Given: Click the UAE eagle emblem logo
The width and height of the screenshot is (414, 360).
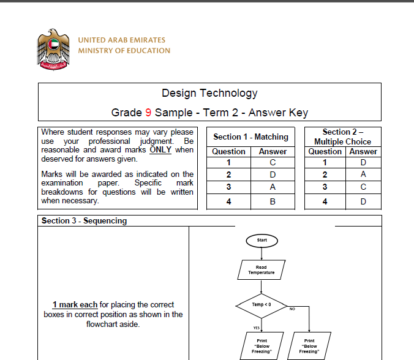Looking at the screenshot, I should coord(53,48).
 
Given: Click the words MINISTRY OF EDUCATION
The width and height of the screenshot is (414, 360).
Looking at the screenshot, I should coord(124,51).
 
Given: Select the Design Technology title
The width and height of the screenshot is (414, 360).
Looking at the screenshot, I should coord(209,93).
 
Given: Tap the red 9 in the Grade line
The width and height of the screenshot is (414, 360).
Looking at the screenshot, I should coord(148,113).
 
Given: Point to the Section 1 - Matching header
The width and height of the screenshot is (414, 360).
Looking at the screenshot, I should coord(250,137).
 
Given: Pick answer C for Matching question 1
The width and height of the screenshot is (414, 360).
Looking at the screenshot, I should coord(273,162).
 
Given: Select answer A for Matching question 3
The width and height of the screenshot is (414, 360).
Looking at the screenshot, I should coord(273,187).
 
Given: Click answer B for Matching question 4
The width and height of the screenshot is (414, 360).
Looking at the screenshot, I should coord(273,201).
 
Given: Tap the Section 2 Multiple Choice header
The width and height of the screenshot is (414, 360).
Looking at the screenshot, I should coord(342,137).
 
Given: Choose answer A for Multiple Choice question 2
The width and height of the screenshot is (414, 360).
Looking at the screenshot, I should coord(363,174).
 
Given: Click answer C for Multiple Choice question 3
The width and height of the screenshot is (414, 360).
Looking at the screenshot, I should coord(363,187).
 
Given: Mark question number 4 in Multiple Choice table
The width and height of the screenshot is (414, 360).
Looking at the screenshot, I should coord(325,201).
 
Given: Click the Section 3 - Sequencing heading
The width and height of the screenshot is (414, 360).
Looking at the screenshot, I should coord(84,220).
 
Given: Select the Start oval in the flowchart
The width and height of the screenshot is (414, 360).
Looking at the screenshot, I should coord(262,240).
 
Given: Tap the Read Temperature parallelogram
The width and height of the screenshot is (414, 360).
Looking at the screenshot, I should coord(262,270).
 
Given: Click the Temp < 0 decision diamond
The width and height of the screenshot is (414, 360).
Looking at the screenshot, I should coord(262,304).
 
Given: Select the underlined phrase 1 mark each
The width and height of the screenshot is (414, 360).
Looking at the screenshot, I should coord(75,304).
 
